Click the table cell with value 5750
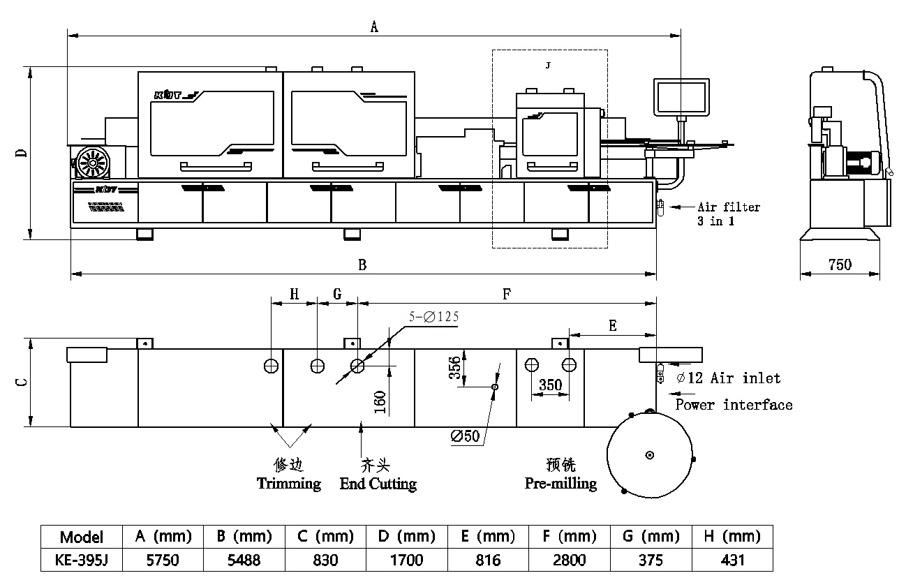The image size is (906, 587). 163,560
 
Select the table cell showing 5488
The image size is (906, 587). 244,560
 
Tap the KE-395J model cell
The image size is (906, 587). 81,560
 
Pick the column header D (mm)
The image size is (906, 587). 406,537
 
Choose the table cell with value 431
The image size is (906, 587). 732,560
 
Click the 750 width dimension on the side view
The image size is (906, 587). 840,265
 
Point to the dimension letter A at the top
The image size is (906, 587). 374,27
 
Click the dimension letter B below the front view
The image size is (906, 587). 362,265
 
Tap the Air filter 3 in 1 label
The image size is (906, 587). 728,214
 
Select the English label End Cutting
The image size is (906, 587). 378,484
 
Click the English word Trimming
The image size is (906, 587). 288,483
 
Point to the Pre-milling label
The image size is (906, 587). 560,483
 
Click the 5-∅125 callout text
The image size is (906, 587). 433,316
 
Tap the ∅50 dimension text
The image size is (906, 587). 466,436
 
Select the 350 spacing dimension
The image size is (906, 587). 551,385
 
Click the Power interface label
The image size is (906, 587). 734,405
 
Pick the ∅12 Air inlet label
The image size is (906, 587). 729,378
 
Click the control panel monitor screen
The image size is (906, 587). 680,97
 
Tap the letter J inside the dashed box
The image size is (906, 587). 548,65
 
